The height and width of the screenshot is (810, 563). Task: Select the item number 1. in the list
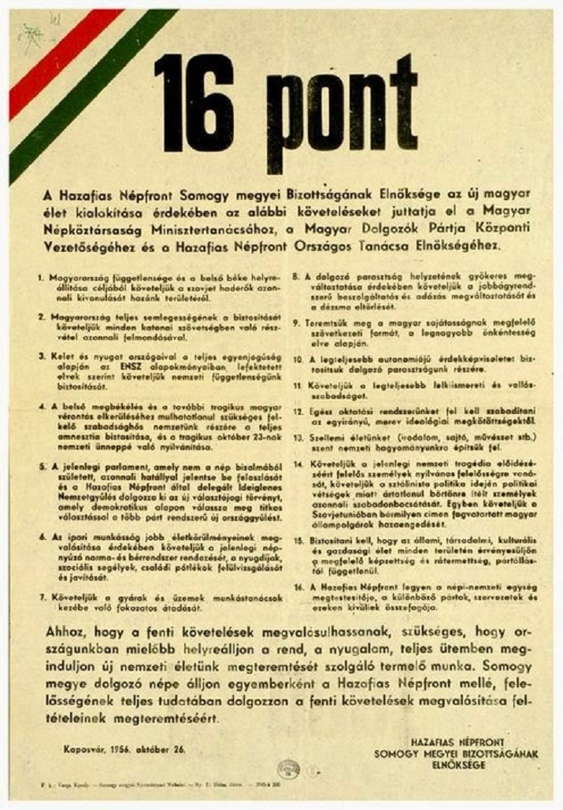pos(42,278)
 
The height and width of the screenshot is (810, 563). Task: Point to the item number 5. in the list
pos(42,465)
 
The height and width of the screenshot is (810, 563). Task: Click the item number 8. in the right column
pos(294,277)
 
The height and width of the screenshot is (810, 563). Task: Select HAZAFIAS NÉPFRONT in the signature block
pos(465,742)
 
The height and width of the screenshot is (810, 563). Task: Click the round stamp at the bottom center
pos(288,768)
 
